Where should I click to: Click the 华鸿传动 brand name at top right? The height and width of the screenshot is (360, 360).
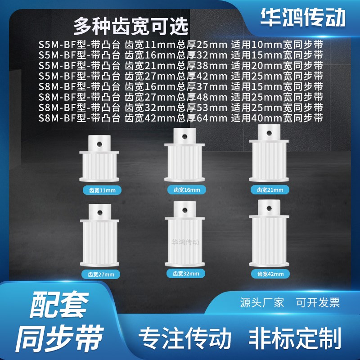[303, 18]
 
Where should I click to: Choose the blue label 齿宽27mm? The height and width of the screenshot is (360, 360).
[101, 274]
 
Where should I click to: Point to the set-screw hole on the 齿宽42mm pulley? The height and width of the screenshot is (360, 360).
[270, 208]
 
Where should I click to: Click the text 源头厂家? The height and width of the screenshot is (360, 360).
[262, 302]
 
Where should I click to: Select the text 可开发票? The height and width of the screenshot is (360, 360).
[318, 302]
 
